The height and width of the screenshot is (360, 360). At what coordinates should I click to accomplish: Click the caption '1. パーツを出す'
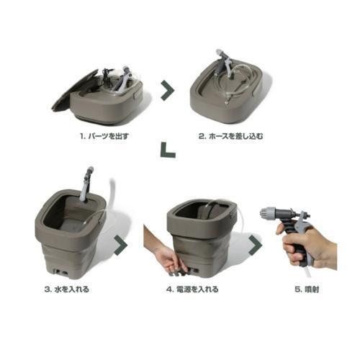click(104, 136)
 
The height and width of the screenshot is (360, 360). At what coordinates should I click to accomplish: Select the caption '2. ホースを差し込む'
click(230, 136)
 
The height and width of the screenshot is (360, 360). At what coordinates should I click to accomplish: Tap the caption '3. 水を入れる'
click(66, 289)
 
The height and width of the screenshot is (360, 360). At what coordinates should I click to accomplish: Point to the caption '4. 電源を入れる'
click(192, 289)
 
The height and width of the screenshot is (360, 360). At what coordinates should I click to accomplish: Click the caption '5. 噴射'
click(307, 289)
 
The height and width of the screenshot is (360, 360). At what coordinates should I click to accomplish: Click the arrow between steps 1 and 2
click(168, 91)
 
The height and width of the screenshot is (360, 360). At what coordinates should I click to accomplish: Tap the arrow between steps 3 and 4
click(122, 245)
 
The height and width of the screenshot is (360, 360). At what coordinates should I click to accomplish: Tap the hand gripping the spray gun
click(307, 247)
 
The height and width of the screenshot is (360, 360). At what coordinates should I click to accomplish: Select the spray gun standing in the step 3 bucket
click(86, 185)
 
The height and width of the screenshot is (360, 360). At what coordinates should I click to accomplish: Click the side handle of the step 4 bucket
click(233, 215)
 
